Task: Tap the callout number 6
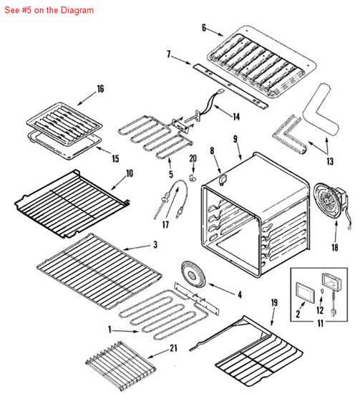point(204,28)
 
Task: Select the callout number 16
point(100,89)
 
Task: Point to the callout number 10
point(130,173)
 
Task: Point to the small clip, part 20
point(193,173)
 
